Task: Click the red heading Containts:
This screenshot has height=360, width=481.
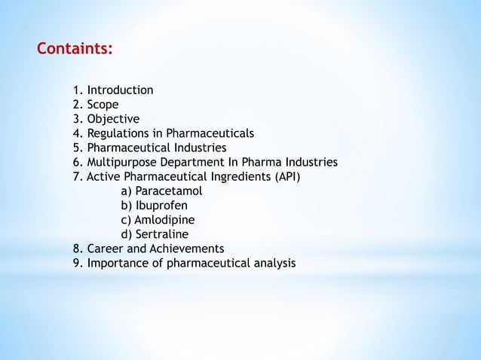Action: tap(75, 50)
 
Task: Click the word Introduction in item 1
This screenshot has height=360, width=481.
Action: tap(120, 90)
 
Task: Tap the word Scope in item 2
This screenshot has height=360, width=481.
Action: tap(103, 105)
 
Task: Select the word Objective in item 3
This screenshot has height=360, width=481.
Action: tap(113, 119)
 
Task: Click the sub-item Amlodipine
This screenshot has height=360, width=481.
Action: tap(164, 220)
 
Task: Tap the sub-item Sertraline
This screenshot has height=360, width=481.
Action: tap(162, 234)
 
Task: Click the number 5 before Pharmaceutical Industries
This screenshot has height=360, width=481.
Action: tap(76, 148)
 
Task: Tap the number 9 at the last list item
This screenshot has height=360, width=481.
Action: tap(76, 263)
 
